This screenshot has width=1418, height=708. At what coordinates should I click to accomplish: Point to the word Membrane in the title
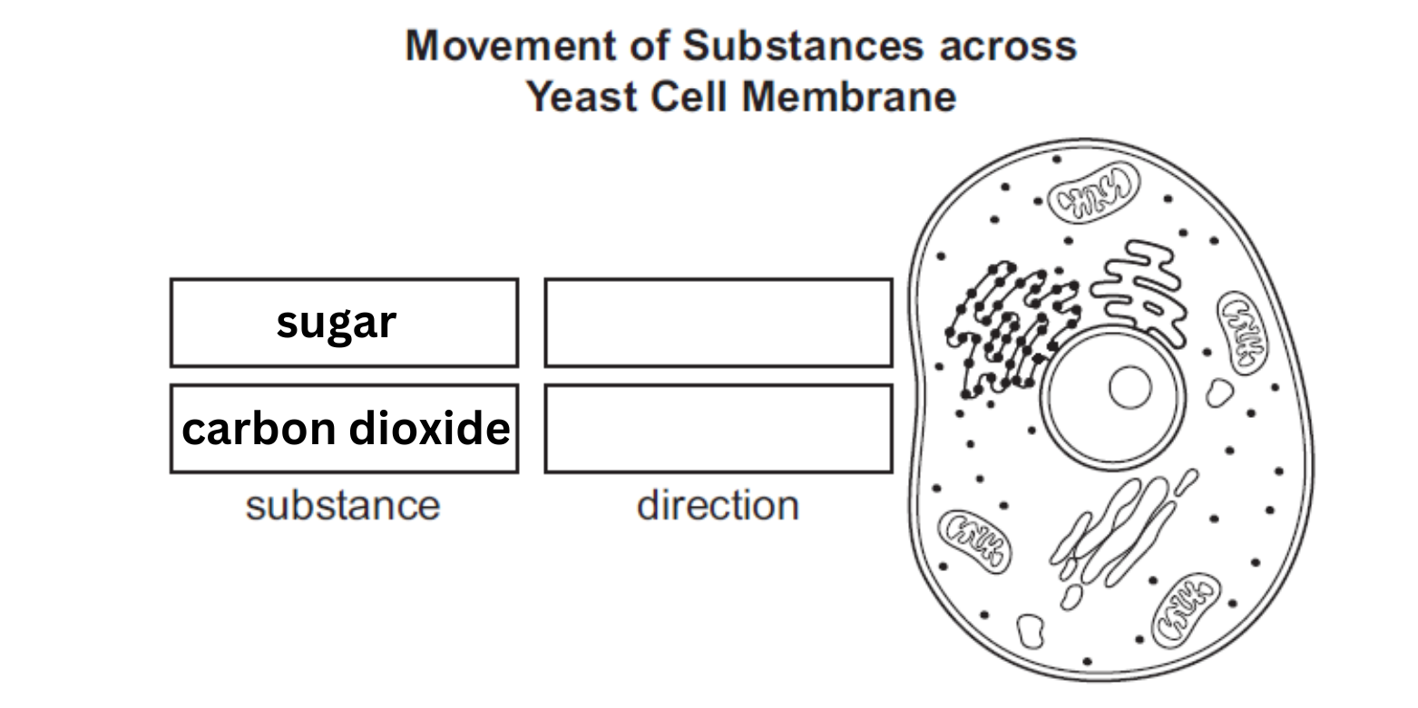tap(850, 95)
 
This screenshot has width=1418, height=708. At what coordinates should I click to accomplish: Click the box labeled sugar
tap(344, 323)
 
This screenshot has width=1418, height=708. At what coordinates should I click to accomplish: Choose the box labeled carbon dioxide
tap(344, 428)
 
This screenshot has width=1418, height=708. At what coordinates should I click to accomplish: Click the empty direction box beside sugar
tap(718, 323)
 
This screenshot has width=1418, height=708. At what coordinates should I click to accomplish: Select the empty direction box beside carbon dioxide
tap(718, 428)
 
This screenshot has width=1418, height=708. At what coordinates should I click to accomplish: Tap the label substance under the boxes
tap(342, 506)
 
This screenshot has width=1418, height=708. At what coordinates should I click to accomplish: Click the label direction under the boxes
tap(718, 506)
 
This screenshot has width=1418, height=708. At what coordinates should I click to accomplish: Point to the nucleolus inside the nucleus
tap(1130, 387)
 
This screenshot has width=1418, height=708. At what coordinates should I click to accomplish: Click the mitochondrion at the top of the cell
tap(1094, 192)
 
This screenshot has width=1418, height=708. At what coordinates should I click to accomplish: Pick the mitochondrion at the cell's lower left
tap(974, 541)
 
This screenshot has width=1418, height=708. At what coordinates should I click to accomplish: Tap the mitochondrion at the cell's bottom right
tap(1186, 609)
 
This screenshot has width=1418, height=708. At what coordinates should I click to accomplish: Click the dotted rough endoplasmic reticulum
tap(1007, 326)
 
